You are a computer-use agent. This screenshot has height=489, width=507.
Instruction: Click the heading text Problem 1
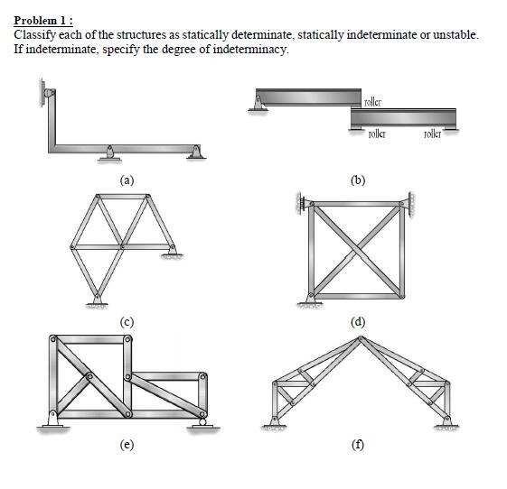(x=42, y=22)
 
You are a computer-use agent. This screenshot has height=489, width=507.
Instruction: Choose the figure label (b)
(x=359, y=179)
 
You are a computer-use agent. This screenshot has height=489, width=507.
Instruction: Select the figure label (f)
(x=359, y=443)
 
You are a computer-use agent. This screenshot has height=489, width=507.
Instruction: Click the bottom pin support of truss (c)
(x=96, y=301)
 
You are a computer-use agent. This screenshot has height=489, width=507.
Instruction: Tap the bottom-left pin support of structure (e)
(x=55, y=420)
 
